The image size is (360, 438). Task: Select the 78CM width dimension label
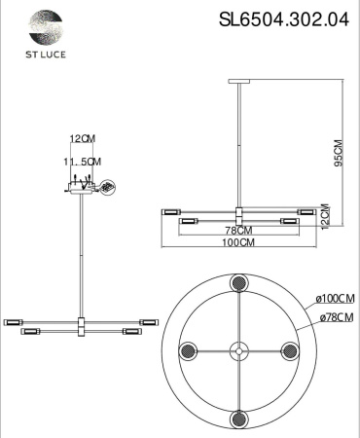point(238,231)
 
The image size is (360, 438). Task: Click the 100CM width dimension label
point(238,243)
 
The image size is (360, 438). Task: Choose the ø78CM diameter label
point(334,317)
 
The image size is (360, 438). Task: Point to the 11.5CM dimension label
point(83,161)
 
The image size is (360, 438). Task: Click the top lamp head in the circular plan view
point(237,283)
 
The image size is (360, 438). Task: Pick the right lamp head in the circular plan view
point(290,350)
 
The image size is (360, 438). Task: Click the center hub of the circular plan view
point(237,350)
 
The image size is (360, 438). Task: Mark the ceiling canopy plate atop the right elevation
point(238,85)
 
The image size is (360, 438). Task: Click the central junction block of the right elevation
point(238,215)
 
